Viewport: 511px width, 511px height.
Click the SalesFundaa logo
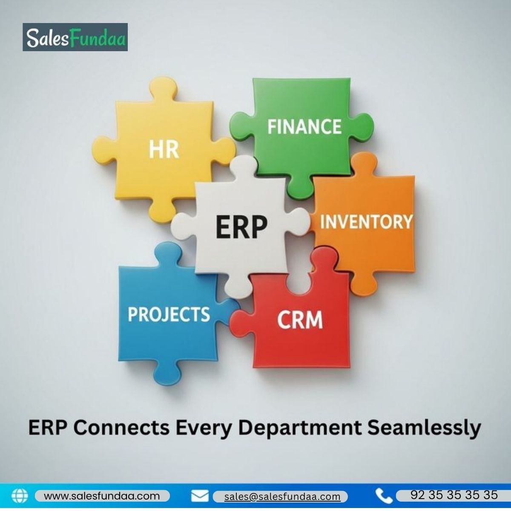point(75,37)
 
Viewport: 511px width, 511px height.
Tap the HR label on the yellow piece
point(164,150)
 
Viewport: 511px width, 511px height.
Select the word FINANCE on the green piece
point(304,127)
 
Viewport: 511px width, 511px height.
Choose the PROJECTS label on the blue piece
point(169,314)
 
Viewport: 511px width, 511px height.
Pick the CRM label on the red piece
point(300,319)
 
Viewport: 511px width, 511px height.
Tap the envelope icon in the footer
point(200,496)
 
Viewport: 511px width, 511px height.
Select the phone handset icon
point(384,496)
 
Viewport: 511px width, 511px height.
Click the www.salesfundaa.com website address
point(102,496)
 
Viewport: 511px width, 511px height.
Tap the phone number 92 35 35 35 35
point(454,495)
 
